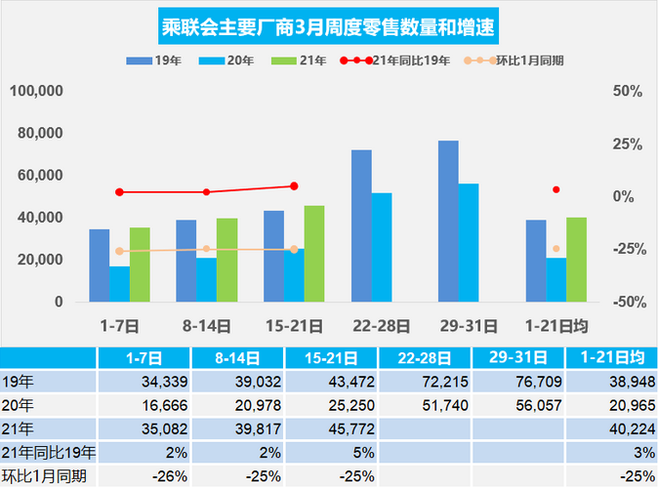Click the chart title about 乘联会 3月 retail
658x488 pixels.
tap(328, 22)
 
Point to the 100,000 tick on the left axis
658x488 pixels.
tap(37, 91)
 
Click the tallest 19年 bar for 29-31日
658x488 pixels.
tap(448, 221)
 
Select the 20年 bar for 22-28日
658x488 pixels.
tap(382, 247)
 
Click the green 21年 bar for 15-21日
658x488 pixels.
tap(314, 253)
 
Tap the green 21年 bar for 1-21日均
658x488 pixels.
tap(576, 259)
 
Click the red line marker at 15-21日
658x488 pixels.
tap(294, 185)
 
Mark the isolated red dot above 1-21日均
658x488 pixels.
tap(556, 189)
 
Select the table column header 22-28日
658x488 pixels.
tap(426, 357)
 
